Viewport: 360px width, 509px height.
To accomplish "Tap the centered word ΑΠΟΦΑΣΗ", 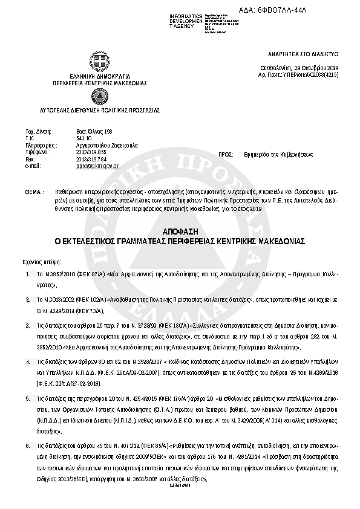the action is click(x=180, y=232).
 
